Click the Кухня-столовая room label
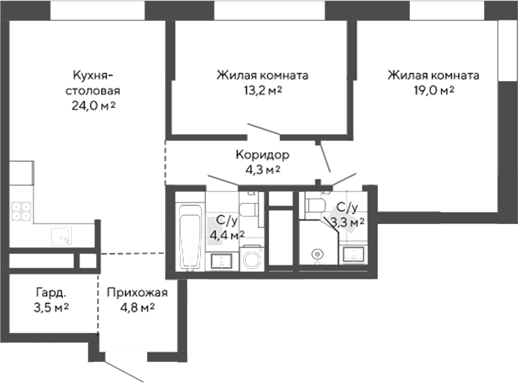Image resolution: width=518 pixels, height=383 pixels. coord(93,83)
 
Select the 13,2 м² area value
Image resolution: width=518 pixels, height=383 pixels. coord(263,91)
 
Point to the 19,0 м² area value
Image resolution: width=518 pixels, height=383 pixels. coord(433,91)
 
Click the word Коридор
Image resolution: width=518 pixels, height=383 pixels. coord(262,155)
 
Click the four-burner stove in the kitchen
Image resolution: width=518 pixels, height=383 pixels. coord(21,211)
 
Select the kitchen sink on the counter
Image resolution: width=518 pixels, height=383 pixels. coord(61,237)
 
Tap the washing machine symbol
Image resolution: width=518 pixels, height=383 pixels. coord(252,259)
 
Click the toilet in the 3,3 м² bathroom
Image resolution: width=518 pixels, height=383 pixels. coord(316,204)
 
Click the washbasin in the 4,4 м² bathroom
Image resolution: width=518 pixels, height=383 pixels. coord(220,260)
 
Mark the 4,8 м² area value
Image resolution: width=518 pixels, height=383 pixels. coord(131,307)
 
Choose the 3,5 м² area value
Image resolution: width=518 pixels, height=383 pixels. coord(52,307)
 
